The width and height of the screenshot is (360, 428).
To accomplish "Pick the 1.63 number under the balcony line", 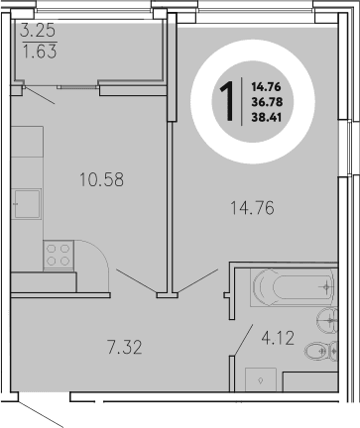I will click(x=38, y=53).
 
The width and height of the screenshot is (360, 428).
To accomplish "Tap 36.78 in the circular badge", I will click(x=265, y=100).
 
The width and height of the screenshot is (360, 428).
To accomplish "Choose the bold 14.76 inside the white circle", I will click(x=265, y=86).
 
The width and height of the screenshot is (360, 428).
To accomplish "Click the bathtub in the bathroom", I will click(x=294, y=287).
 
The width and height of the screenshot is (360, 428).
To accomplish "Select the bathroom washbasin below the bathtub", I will click(x=328, y=319).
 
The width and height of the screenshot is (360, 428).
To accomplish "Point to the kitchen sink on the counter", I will click(x=24, y=208).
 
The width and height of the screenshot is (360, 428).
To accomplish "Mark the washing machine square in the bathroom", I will click(x=260, y=378).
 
